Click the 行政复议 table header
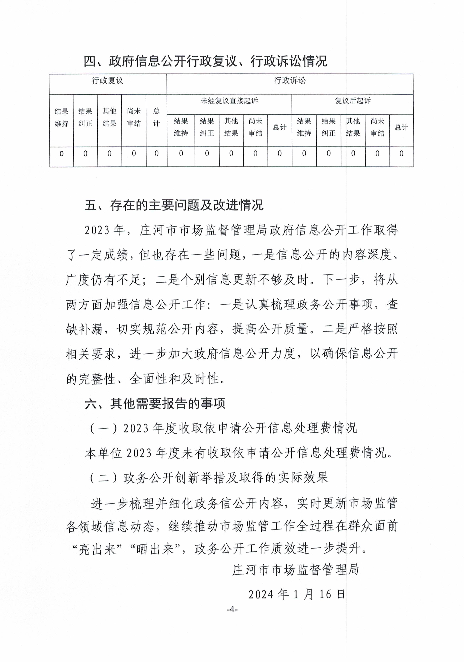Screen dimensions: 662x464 pos(107,81)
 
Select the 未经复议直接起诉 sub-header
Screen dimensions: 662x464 pos(229,101)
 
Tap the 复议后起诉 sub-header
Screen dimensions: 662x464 pos(352,101)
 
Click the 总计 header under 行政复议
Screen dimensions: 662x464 pos(156,117)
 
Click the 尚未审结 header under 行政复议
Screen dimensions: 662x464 pos(134,117)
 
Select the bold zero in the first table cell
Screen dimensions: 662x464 pos(61,154)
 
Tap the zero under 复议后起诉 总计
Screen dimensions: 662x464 pos(401,154)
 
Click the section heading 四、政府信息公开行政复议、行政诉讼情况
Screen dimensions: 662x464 pos(205,61)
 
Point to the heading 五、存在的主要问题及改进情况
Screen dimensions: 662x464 pos(174,205)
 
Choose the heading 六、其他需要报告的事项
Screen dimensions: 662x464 pos(155,404)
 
